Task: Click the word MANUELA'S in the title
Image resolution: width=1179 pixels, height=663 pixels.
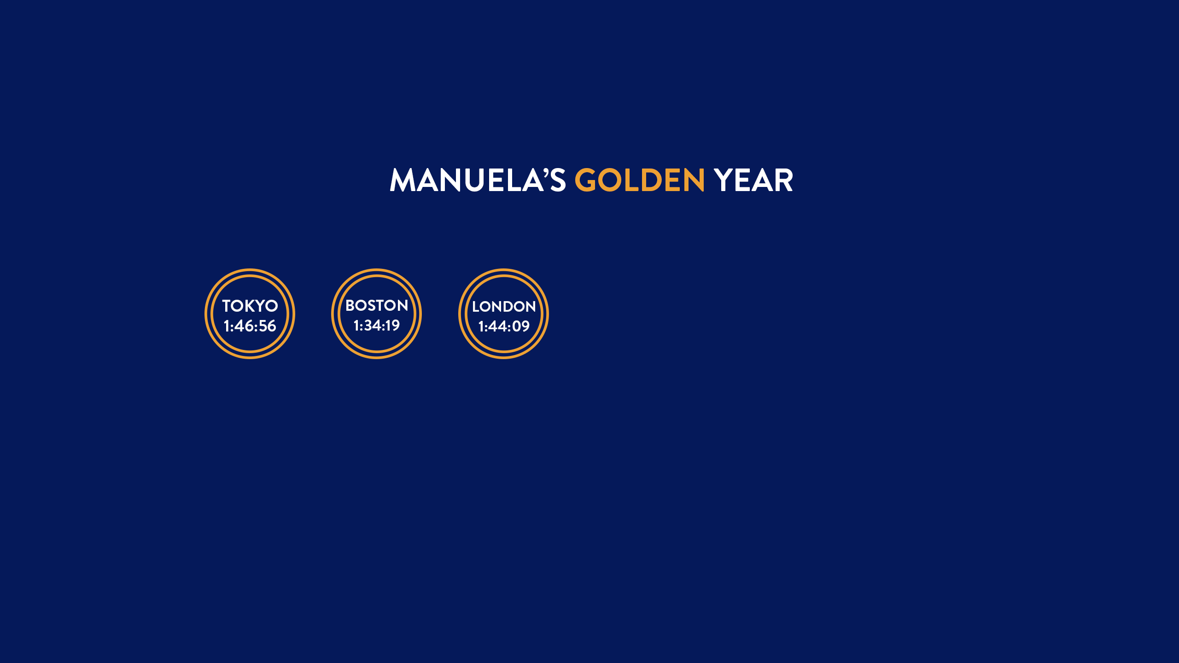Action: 478,180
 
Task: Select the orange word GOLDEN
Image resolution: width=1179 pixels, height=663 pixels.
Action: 640,180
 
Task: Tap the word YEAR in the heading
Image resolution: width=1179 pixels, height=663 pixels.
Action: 753,180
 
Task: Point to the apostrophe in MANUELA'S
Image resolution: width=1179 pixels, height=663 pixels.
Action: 546,173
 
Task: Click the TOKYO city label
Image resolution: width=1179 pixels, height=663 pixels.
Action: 250,306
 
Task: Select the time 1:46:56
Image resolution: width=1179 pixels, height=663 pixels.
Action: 250,326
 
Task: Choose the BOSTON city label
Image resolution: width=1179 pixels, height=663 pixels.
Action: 377,305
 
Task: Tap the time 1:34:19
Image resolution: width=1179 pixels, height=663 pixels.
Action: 377,326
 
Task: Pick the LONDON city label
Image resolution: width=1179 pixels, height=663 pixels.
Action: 504,307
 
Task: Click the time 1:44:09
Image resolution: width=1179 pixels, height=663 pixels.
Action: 504,326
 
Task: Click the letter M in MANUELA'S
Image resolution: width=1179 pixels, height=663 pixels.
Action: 404,180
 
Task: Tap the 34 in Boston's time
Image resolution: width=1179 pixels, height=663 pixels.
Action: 373,326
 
